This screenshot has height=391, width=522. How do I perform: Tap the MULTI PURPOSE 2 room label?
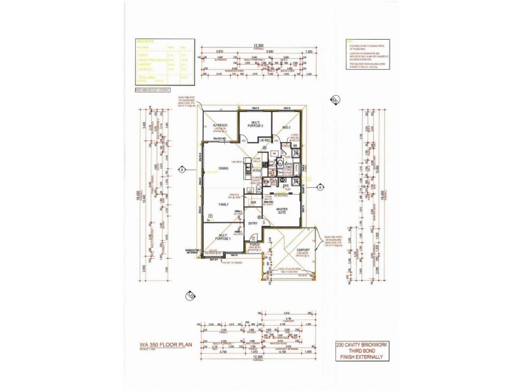(254, 124)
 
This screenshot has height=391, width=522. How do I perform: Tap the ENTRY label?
(252, 224)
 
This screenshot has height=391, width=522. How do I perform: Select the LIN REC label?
(264, 141)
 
